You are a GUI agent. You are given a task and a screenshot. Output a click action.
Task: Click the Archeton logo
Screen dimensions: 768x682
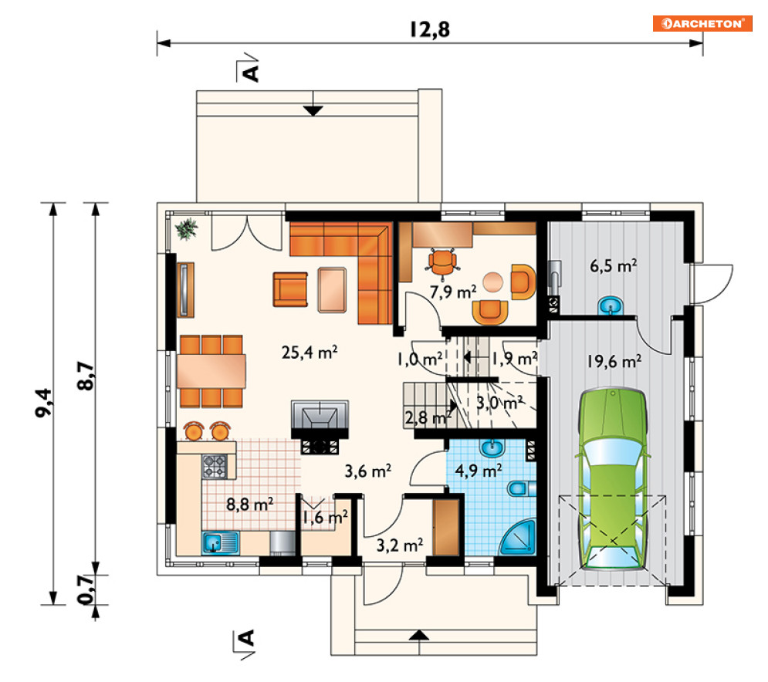pyautogui.click(x=702, y=23)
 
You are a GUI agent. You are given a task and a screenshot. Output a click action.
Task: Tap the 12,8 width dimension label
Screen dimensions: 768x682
pyautogui.click(x=430, y=29)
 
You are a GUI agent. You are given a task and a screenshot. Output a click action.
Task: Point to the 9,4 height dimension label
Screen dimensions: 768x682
pyautogui.click(x=43, y=403)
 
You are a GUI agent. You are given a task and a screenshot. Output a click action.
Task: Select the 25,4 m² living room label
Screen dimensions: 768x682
pyautogui.click(x=309, y=352)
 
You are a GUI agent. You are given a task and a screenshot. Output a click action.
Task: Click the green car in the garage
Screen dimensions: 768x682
pyautogui.click(x=613, y=478)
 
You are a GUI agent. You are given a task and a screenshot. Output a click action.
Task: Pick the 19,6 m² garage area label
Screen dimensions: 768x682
pyautogui.click(x=614, y=361)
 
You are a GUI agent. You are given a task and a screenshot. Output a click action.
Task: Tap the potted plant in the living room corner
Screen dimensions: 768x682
pyautogui.click(x=186, y=228)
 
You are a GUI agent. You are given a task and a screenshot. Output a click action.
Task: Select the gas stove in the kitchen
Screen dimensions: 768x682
pyautogui.click(x=215, y=466)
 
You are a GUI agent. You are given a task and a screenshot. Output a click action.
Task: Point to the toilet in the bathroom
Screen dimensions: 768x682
pyautogui.click(x=522, y=488)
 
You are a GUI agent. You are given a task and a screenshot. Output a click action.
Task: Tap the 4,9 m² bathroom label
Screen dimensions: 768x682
pyautogui.click(x=479, y=471)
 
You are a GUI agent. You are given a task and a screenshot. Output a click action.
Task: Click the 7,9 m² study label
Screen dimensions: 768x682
pyautogui.click(x=453, y=292)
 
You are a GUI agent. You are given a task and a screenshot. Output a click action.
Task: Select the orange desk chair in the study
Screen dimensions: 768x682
pyautogui.click(x=443, y=263)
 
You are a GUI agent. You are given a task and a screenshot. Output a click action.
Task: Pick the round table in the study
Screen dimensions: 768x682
pyautogui.click(x=492, y=282)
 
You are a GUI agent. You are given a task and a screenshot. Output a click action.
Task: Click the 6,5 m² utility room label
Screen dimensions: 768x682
pyautogui.click(x=613, y=266)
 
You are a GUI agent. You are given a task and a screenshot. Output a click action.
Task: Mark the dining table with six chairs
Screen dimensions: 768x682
pyautogui.click(x=211, y=371)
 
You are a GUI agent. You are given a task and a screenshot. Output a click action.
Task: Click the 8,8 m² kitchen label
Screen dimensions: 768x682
pyautogui.click(x=249, y=504)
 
